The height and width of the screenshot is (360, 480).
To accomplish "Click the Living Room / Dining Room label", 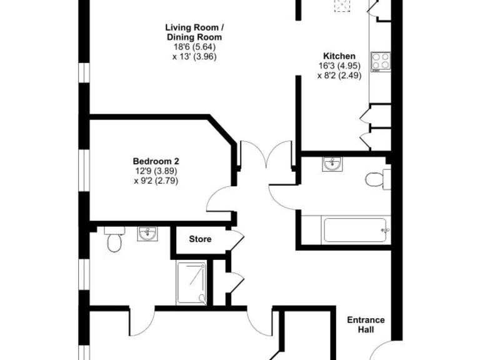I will [x=194, y=32].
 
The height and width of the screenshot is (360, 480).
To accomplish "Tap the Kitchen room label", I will [x=339, y=56].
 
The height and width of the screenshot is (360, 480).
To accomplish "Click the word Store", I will [x=200, y=239].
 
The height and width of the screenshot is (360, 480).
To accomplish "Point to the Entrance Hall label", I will [x=366, y=325].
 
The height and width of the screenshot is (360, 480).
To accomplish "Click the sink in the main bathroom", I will [x=332, y=164].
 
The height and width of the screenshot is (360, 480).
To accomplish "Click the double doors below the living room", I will [x=266, y=156].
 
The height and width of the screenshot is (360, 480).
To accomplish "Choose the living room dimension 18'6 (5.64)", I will [x=194, y=47].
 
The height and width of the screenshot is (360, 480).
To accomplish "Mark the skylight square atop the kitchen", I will [x=341, y=6].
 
